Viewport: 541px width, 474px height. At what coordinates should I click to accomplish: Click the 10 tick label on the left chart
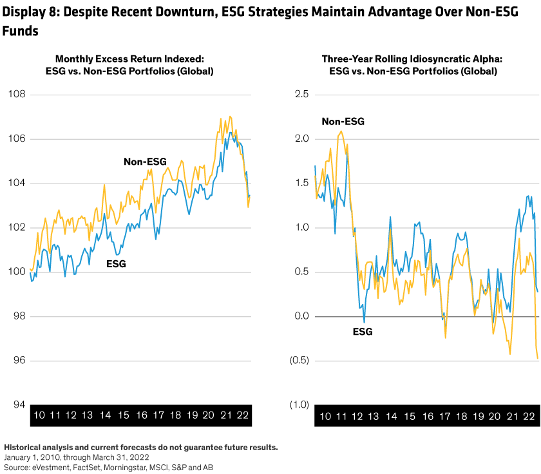[x=39, y=415]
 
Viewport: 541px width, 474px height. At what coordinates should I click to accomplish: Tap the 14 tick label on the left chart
[x=106, y=415]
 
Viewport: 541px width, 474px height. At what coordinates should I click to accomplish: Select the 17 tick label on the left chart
[x=158, y=415]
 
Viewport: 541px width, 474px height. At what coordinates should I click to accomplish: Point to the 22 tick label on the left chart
[x=243, y=415]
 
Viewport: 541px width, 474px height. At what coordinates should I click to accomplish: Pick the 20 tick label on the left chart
[x=209, y=415]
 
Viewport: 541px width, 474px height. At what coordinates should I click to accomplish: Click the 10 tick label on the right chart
[x=325, y=415]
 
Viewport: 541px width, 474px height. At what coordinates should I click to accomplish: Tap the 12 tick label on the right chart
[x=357, y=415]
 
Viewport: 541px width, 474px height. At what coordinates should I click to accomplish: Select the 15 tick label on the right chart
[x=409, y=415]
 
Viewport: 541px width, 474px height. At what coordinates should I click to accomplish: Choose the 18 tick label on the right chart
[x=461, y=415]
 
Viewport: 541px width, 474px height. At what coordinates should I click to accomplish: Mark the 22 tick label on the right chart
[x=529, y=415]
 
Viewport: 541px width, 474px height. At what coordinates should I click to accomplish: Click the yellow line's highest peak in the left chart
[x=230, y=117]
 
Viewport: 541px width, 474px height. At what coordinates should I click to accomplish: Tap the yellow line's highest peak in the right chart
[x=341, y=131]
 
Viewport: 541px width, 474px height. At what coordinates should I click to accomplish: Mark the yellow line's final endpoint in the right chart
[x=538, y=358]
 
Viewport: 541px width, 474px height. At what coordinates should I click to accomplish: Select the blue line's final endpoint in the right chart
[x=537, y=292]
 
